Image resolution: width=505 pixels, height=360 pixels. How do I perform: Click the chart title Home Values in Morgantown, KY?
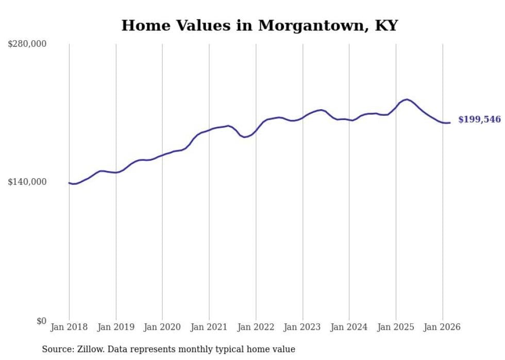click(x=260, y=25)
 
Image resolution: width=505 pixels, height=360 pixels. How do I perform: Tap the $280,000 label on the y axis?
click(x=27, y=44)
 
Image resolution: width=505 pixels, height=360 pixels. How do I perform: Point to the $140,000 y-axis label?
click(x=27, y=182)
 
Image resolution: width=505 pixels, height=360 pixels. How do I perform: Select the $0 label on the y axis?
click(x=41, y=321)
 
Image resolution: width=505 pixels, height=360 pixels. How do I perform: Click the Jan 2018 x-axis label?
click(x=69, y=327)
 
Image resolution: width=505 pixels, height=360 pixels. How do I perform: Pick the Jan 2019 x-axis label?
click(x=116, y=327)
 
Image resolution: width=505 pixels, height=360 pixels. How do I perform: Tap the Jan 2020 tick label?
click(x=162, y=327)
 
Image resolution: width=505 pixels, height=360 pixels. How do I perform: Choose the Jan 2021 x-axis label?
click(x=209, y=327)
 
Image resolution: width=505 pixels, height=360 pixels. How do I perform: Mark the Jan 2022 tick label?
click(x=256, y=327)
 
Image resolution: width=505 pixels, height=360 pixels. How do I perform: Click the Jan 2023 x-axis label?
click(x=302, y=327)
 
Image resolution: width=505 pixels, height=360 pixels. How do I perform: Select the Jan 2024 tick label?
click(x=349, y=327)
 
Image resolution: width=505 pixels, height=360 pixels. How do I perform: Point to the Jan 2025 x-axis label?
click(x=396, y=327)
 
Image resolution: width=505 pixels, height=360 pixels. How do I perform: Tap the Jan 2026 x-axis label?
click(x=443, y=327)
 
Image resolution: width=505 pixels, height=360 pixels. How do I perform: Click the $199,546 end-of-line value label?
click(x=479, y=119)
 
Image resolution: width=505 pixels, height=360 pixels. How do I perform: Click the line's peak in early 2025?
click(x=407, y=99)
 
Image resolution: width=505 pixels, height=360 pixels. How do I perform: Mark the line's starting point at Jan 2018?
click(x=69, y=183)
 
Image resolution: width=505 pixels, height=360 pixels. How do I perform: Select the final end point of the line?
click(x=450, y=123)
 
